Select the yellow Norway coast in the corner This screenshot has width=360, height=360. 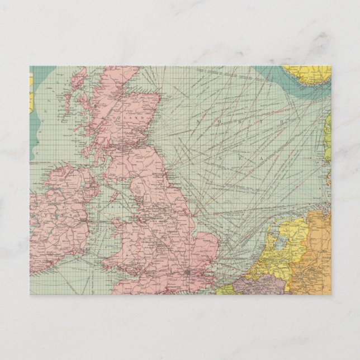coord(308,75)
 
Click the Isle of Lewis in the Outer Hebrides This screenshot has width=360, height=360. coord(78,78)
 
